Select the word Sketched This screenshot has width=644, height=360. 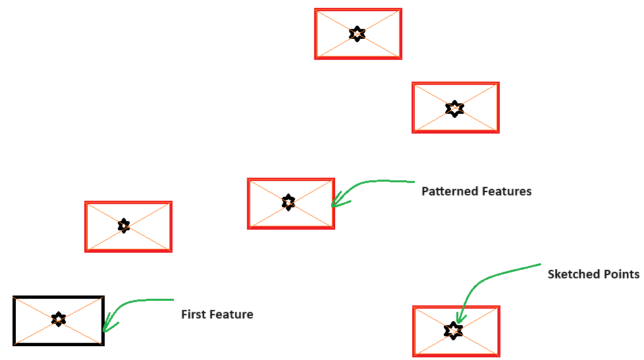coord(572,274)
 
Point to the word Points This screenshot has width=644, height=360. coord(620,274)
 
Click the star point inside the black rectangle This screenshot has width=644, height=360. coord(59,320)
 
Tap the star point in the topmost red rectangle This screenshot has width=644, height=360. coord(357,34)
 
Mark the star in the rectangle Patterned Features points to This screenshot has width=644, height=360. coord(288,202)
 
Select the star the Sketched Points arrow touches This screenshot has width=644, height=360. coord(454,330)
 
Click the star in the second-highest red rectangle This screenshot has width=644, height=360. coord(454,108)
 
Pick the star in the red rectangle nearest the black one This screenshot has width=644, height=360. coord(124,226)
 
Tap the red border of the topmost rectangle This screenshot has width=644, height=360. coord(358,10)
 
